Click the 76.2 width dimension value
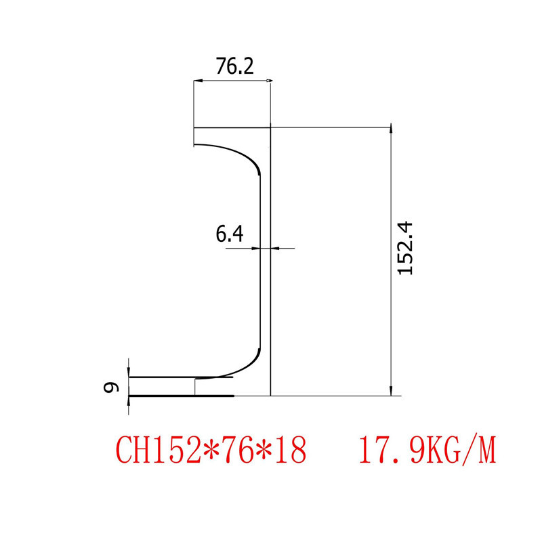[x=234, y=66]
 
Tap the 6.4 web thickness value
[x=229, y=234]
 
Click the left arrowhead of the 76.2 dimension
[x=198, y=82]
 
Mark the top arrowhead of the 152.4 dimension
[x=390, y=130]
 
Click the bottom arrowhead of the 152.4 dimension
[x=390, y=391]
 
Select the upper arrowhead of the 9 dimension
[x=129, y=371]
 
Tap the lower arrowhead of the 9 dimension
[x=129, y=400]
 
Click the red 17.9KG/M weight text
[x=428, y=450]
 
